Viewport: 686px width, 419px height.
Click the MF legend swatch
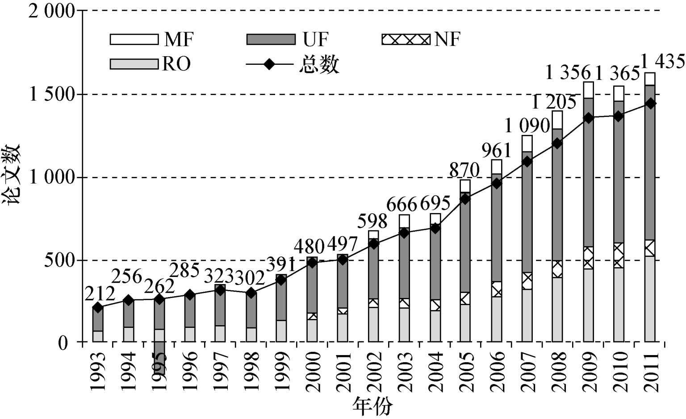134,39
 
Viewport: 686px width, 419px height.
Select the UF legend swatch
271,39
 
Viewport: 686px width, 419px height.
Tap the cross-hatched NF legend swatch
406,39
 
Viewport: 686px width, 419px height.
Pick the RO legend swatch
134,64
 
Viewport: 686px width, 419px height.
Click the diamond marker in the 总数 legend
269,64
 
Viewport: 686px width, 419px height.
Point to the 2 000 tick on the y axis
51,11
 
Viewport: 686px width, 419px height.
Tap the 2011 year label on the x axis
652,372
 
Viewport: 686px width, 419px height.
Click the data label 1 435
663,61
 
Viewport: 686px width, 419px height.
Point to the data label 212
100,294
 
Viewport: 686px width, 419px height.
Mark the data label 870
464,170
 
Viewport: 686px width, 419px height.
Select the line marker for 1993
98,307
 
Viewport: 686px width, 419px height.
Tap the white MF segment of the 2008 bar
557,120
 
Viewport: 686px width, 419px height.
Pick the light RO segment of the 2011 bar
649,299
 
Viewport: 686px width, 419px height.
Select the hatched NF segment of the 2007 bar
527,281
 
